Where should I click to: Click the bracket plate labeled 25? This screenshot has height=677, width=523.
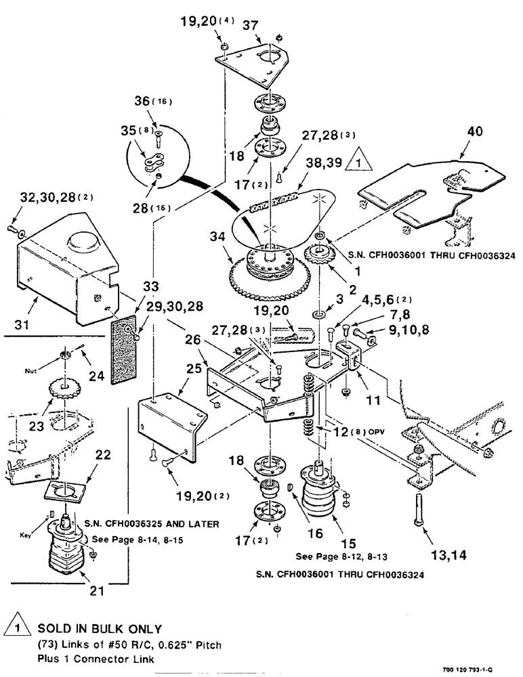[169, 427]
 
